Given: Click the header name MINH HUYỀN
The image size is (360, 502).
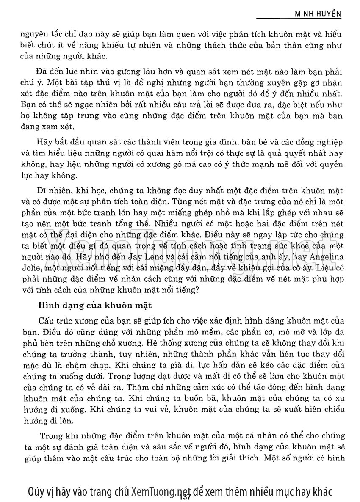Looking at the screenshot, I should pyautogui.click(x=318, y=14).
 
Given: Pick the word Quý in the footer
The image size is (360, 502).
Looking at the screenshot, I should pyautogui.click(x=36, y=491).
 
